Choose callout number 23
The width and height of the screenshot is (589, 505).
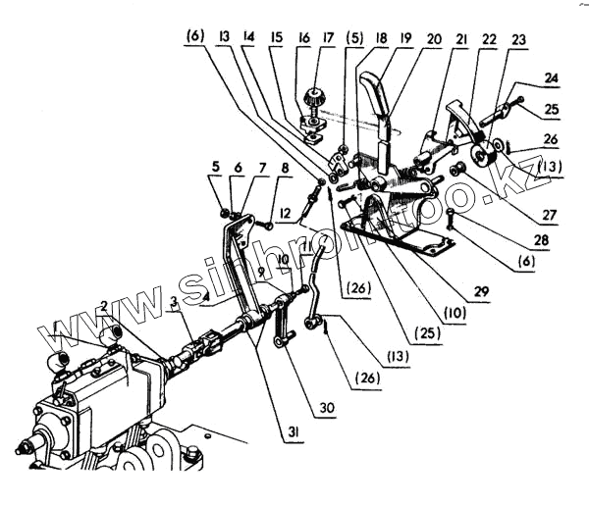(520, 40)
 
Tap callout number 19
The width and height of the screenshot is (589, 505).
(405, 40)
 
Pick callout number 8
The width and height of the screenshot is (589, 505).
(285, 169)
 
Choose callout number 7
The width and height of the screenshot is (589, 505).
(262, 169)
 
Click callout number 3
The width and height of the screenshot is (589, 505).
(174, 304)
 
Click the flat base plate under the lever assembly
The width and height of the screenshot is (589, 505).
(402, 235)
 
